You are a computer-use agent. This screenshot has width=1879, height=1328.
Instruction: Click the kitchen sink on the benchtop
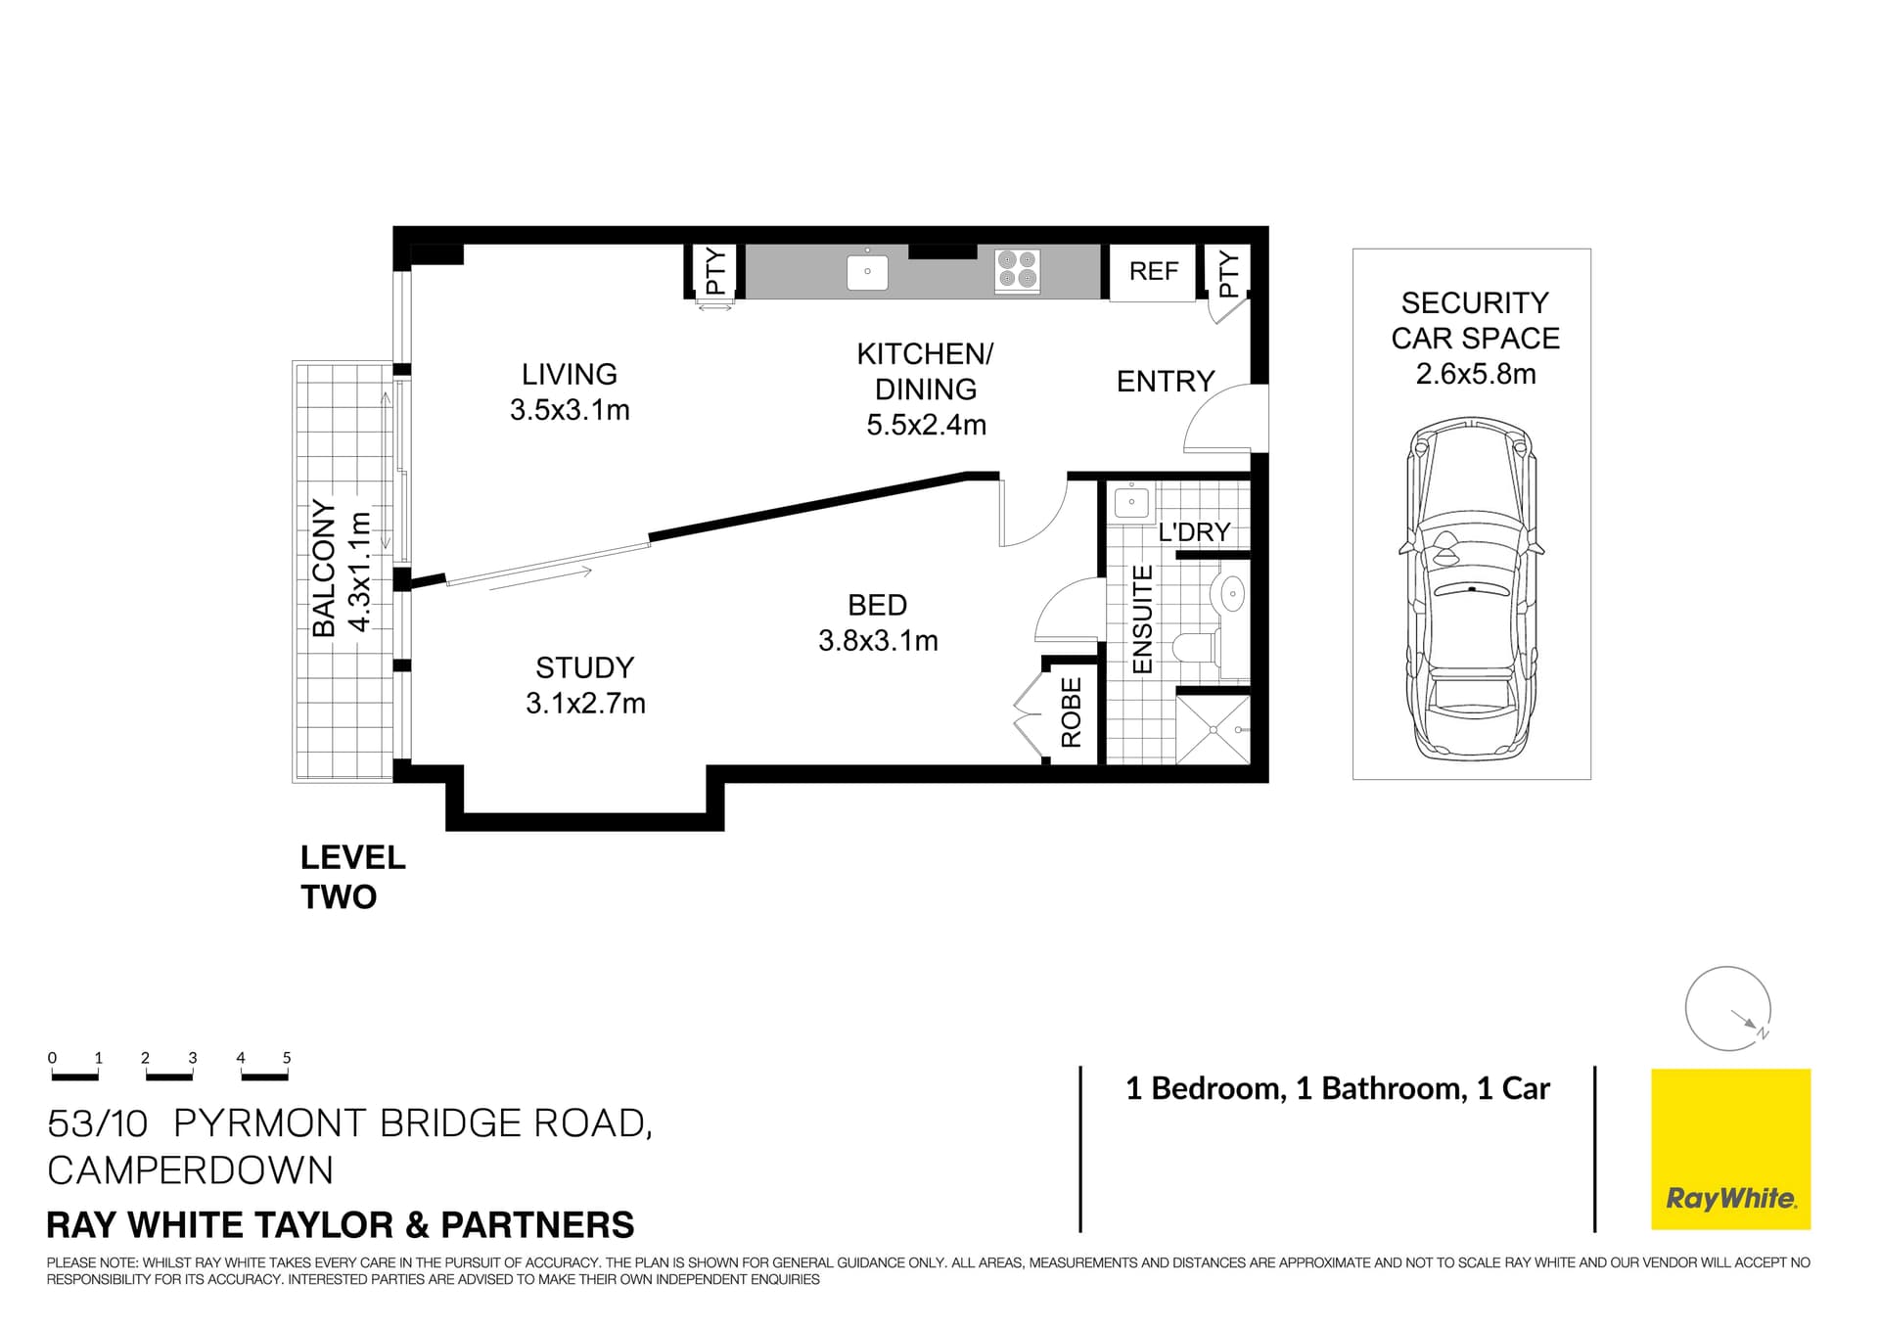[x=867, y=272]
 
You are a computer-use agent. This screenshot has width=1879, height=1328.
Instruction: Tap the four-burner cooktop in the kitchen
[x=1017, y=270]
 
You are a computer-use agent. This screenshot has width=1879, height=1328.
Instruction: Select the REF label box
[x=1153, y=271]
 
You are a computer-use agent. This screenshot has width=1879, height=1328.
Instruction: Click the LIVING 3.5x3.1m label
[x=570, y=391]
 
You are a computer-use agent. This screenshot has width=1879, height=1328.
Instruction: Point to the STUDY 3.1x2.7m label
[x=585, y=685]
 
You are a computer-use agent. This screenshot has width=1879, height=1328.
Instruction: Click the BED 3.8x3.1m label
[x=878, y=622]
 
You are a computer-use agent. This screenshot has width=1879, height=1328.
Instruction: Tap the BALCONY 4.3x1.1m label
[x=341, y=569]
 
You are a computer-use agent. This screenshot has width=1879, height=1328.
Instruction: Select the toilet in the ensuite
[x=1195, y=647]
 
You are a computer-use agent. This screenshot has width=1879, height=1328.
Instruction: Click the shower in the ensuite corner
[x=1213, y=729]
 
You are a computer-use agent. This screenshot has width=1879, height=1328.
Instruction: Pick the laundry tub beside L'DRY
[x=1132, y=503]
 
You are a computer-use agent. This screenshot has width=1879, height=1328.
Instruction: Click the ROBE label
[x=1072, y=711]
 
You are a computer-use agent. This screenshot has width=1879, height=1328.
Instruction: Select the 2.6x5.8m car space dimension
[x=1475, y=374]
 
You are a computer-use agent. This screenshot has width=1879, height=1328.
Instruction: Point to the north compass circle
[x=1727, y=1009]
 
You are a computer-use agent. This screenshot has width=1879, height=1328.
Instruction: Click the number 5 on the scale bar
[x=287, y=1058]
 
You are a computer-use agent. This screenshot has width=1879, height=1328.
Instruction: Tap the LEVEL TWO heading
[x=351, y=877]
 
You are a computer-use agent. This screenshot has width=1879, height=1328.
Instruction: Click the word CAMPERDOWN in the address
[x=191, y=1170]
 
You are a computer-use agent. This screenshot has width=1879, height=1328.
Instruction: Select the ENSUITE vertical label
[x=1142, y=619]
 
